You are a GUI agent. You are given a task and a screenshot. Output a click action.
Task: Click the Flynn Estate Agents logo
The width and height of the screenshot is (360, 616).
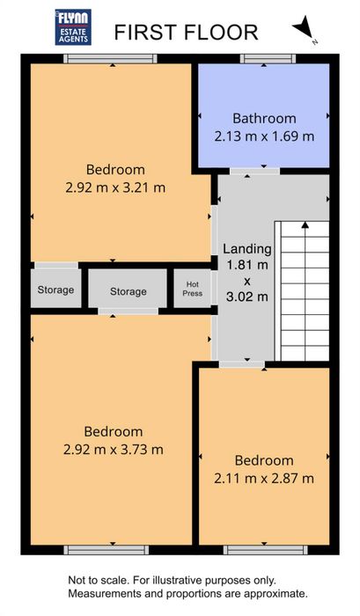click(x=73, y=27)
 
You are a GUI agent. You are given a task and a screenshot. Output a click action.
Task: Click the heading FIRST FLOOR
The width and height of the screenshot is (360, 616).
click(x=186, y=33)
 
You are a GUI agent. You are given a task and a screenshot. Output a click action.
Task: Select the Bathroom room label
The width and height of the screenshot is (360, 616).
click(x=264, y=118)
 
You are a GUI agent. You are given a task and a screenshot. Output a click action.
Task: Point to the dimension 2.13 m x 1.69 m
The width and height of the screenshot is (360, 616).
click(x=264, y=136)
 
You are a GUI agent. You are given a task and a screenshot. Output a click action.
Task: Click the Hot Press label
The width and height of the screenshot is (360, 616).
click(x=193, y=289)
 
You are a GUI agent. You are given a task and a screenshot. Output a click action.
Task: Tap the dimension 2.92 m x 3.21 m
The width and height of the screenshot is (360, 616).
click(x=115, y=187)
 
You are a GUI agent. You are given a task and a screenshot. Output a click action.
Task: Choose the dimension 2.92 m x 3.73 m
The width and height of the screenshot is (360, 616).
click(x=114, y=450)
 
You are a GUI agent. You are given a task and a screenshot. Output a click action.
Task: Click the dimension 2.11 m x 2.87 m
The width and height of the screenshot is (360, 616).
click(x=264, y=479)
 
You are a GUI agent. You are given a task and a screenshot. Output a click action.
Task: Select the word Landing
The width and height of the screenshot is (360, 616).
click(x=247, y=249)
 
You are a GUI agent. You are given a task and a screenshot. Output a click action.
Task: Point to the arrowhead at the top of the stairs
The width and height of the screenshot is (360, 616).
click(x=305, y=224)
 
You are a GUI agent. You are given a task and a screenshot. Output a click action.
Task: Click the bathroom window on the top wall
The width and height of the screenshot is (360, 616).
click(x=268, y=59)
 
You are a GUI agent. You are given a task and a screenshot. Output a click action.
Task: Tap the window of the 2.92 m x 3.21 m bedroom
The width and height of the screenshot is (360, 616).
click(x=110, y=59)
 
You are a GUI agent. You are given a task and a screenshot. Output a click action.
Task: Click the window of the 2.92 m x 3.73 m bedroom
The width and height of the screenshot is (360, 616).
click(x=107, y=550)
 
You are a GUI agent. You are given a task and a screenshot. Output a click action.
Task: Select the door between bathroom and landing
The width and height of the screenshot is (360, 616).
click(x=254, y=172)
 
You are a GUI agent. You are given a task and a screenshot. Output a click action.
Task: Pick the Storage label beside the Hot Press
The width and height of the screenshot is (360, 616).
click(x=129, y=291)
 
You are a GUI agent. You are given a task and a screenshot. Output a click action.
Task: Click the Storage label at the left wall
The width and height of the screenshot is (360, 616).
click(x=55, y=290)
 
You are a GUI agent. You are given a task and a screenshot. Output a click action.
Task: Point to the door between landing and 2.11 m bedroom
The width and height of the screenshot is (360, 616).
click(x=242, y=364)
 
